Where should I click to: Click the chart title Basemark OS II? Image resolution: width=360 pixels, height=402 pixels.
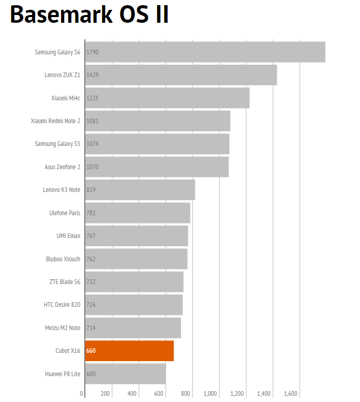pyautogui.click(x=89, y=16)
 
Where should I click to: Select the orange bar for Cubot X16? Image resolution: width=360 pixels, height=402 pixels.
pyautogui.click(x=129, y=351)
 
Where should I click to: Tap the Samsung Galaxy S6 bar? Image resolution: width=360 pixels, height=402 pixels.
pyautogui.click(x=205, y=52)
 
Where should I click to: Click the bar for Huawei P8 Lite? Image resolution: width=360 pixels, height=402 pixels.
pyautogui.click(x=125, y=374)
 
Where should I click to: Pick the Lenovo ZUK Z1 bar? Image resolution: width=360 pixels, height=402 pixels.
pyautogui.click(x=181, y=75)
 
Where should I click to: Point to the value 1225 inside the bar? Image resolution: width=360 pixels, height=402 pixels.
pyautogui.click(x=93, y=98)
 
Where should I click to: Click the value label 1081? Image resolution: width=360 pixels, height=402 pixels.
pyautogui.click(x=93, y=121)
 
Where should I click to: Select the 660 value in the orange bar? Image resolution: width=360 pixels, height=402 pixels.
pyautogui.click(x=91, y=351)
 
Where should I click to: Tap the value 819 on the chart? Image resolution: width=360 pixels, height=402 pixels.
pyautogui.click(x=91, y=190)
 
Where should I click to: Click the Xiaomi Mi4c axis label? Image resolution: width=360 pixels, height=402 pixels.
pyautogui.click(x=66, y=98)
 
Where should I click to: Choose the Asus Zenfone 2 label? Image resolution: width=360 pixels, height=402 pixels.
pyautogui.click(x=63, y=167)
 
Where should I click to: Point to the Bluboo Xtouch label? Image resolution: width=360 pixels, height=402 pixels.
pyautogui.click(x=63, y=259)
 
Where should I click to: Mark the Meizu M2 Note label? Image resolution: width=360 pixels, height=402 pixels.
pyautogui.click(x=63, y=328)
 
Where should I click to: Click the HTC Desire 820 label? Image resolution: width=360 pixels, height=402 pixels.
pyautogui.click(x=62, y=305)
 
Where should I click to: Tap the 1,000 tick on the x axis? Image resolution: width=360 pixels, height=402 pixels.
pyautogui.click(x=210, y=394)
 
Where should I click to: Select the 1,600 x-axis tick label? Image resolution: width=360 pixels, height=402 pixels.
pyautogui.click(x=291, y=394)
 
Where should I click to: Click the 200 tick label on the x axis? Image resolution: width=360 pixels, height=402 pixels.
pyautogui.click(x=105, y=394)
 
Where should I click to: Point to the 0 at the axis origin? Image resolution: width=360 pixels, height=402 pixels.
pyautogui.click(x=82, y=394)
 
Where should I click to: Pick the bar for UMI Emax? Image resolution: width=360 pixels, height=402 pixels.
pyautogui.click(x=137, y=236)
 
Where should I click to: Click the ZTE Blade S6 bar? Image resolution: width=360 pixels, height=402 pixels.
pyautogui.click(x=134, y=282)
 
